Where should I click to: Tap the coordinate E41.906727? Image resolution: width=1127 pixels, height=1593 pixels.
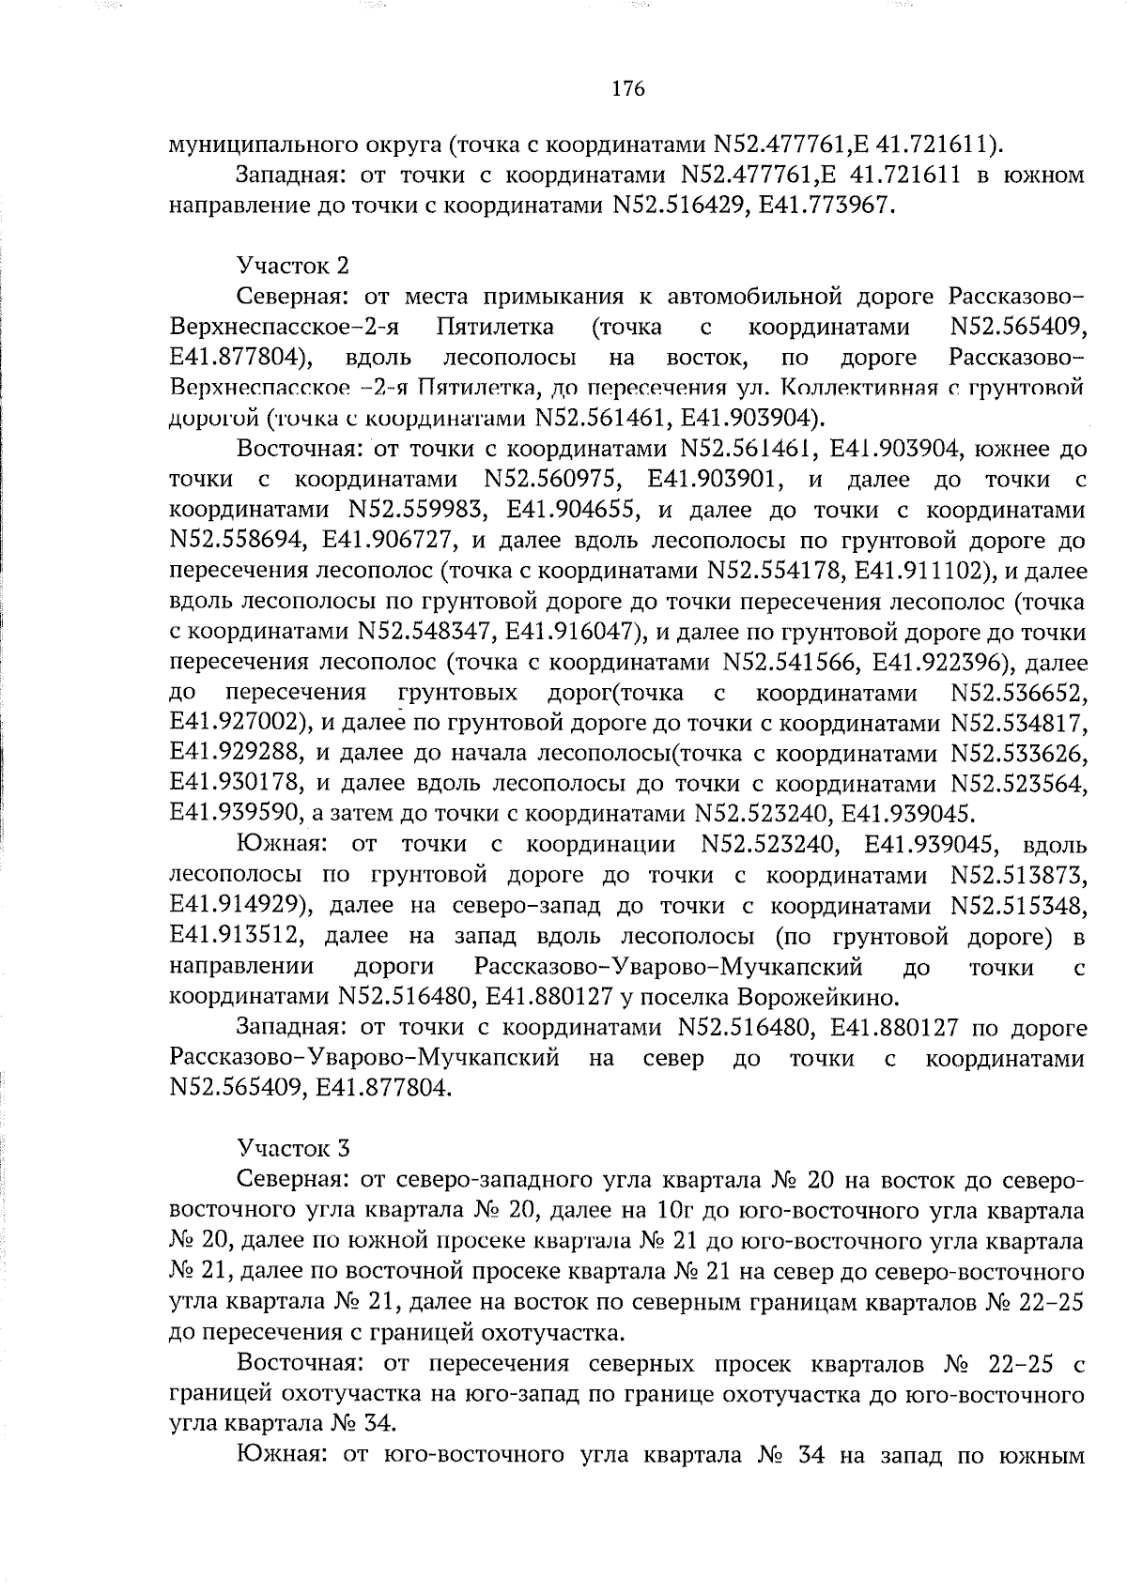pos(389,541)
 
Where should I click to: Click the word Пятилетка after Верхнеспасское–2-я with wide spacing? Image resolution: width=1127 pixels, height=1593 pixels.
pos(495,327)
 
